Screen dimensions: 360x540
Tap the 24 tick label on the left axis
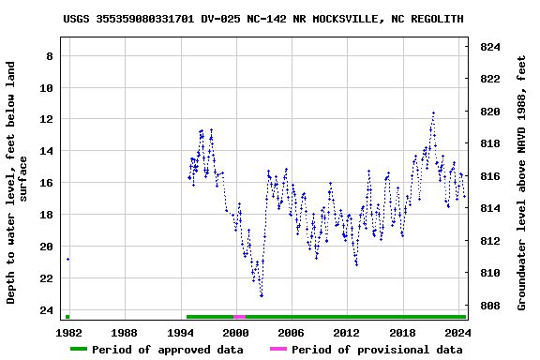tap(44, 310)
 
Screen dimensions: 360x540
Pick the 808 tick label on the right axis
tap(489, 306)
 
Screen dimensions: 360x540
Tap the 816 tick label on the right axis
tap(489, 176)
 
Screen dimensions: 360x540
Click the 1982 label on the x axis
tap(68, 333)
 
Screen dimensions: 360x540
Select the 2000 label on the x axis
tap(234, 333)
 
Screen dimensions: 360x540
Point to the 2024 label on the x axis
tap(457, 333)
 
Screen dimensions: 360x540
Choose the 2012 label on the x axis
tap(346, 333)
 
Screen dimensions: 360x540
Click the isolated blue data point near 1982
tap(67, 259)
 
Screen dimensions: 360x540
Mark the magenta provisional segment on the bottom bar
tap(240, 317)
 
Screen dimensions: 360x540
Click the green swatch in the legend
tap(79, 350)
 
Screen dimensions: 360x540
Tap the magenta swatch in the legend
tap(278, 350)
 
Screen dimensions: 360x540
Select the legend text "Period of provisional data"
tap(377, 350)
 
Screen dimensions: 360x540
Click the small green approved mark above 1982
tap(67, 317)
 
